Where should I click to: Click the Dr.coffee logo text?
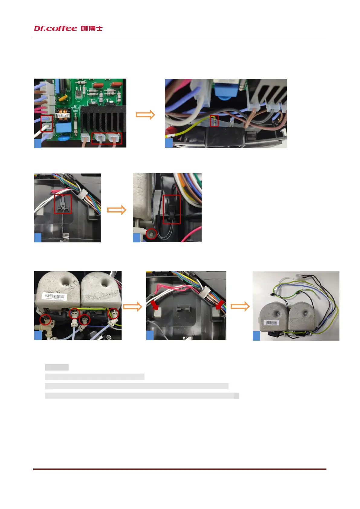(56, 28)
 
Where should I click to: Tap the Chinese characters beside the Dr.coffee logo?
(92, 28)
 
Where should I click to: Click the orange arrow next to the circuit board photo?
(145, 115)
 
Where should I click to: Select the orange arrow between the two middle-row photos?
(117, 210)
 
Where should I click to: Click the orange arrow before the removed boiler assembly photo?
(240, 306)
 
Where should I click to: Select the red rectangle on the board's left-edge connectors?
(47, 123)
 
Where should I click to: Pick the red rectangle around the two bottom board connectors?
(106, 138)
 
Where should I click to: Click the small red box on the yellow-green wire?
(214, 121)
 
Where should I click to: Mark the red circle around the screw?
(151, 234)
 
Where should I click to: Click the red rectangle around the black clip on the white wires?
(63, 204)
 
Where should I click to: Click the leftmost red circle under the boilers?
(45, 319)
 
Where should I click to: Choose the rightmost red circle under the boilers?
(113, 313)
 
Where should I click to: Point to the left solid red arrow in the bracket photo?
(155, 305)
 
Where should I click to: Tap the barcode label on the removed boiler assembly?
(271, 323)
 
